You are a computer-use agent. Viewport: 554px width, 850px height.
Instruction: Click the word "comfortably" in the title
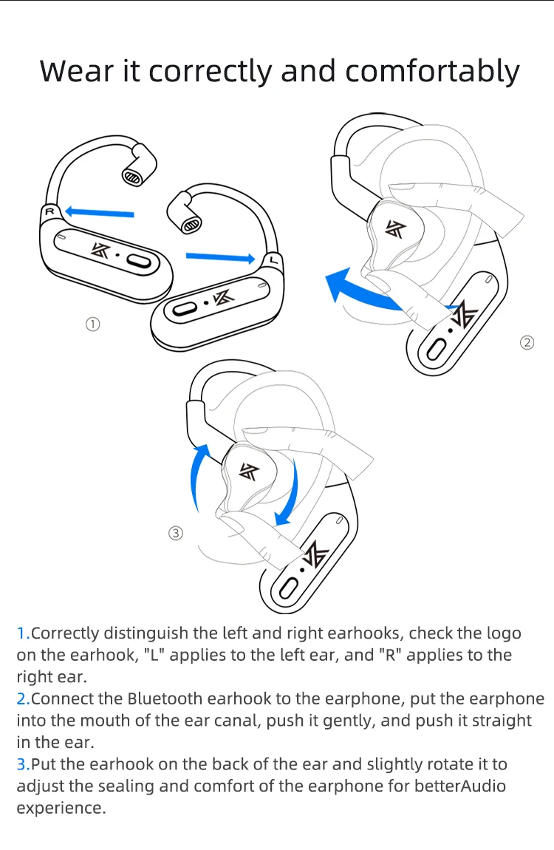[432, 71]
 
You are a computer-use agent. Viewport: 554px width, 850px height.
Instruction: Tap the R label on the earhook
[49, 211]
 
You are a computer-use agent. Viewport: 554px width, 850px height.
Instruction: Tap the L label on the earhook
[273, 262]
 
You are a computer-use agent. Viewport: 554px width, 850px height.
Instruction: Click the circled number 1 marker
[92, 324]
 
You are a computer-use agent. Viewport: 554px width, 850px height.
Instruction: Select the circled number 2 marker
[527, 343]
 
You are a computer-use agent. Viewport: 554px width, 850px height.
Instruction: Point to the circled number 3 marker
[176, 534]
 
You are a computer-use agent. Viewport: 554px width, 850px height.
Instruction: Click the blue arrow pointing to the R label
[99, 212]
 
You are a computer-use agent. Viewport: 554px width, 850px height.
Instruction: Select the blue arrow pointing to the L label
[220, 257]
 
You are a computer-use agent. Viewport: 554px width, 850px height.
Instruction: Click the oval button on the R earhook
[139, 262]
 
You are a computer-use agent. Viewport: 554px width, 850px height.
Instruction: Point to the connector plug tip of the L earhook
[191, 225]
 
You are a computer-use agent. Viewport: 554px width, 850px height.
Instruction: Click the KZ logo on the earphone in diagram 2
[395, 229]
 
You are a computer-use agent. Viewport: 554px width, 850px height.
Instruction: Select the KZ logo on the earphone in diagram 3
[250, 472]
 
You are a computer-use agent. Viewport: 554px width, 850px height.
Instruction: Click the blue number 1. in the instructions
[24, 633]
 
